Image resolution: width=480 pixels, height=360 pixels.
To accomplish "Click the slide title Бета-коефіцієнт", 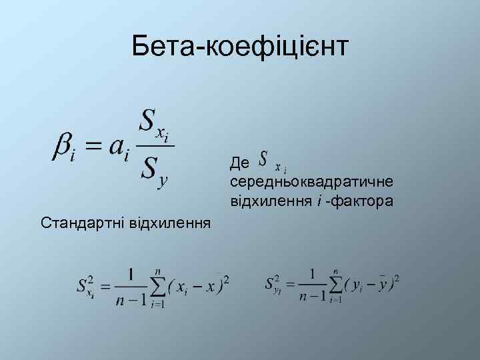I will pos(240,47).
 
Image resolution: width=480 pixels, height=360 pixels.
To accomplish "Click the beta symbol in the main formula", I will pos(64,145).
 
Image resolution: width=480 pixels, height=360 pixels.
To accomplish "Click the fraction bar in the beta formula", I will pos(156,145).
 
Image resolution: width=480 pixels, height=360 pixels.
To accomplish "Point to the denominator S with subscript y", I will pos(153,169).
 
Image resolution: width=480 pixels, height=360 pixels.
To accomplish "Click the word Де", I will pos(239,163).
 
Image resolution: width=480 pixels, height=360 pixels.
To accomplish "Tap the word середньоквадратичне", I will pos(311,181).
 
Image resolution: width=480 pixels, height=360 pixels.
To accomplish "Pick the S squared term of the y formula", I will pos(274,283).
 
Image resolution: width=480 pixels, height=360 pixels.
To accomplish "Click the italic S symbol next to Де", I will pos(264,159).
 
